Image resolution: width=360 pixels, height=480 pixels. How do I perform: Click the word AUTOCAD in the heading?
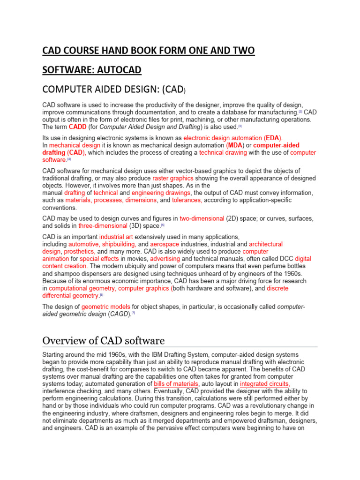point(117,70)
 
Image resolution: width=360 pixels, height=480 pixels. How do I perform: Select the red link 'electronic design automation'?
point(223,138)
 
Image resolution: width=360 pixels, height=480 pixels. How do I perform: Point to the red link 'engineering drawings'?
point(161,193)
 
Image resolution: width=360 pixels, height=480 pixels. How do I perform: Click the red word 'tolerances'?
point(187,200)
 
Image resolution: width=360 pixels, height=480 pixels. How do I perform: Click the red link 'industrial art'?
point(118,237)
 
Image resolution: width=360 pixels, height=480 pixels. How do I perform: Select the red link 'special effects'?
point(99,259)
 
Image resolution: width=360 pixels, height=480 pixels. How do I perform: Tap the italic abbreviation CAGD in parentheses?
point(119,314)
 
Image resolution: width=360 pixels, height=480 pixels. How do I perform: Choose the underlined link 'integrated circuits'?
point(265,383)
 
